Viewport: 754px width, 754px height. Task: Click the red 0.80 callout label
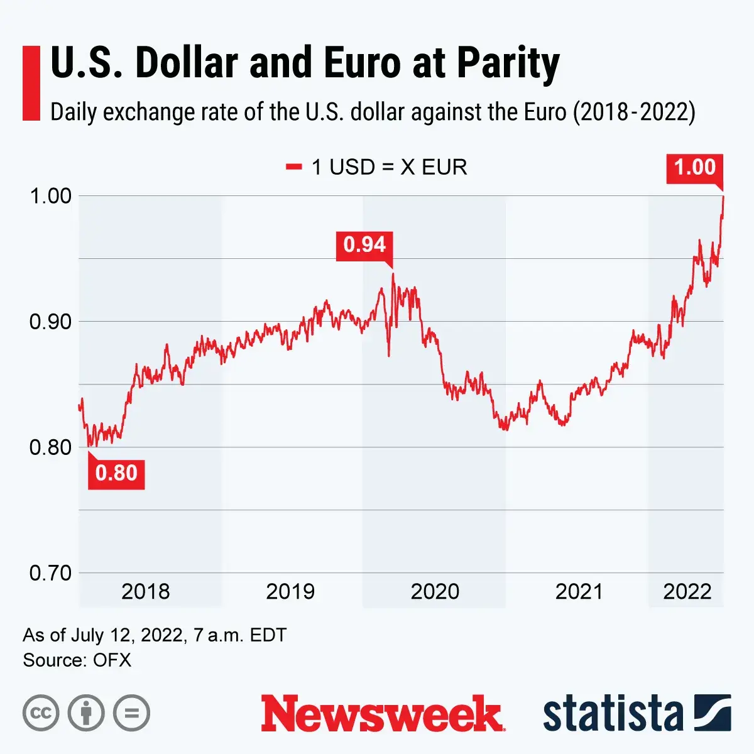pos(116,473)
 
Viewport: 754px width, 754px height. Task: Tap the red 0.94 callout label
pos(364,244)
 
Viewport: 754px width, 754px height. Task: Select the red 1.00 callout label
pos(694,168)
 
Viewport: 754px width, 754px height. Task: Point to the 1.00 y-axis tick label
pos(50,195)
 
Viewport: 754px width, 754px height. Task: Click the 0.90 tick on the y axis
pos(50,322)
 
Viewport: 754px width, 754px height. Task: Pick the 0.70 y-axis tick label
pos(50,573)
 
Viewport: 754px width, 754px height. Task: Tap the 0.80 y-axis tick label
pos(50,447)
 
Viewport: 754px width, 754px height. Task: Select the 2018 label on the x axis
pos(145,591)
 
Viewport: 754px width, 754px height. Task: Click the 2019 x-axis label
pos(290,591)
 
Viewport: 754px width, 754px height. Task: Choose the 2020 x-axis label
pos(435,591)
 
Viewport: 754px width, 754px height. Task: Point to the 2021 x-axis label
pos(579,591)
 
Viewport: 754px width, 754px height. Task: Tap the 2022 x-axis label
pos(687,591)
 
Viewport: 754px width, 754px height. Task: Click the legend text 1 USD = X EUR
pos(389,167)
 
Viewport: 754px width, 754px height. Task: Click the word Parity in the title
pos(508,64)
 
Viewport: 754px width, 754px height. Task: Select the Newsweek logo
pos(382,714)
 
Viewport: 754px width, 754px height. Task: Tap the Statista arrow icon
pos(713,713)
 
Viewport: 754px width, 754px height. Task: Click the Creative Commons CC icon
pos(41,713)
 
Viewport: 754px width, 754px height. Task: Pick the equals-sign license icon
pos(132,713)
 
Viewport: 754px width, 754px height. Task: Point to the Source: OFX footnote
pos(77,660)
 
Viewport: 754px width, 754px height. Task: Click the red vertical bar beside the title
pos(31,83)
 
